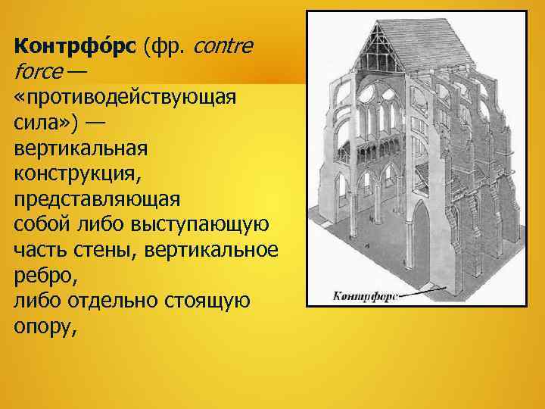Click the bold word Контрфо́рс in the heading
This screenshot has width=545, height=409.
point(74,48)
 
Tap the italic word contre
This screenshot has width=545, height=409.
point(224,48)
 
